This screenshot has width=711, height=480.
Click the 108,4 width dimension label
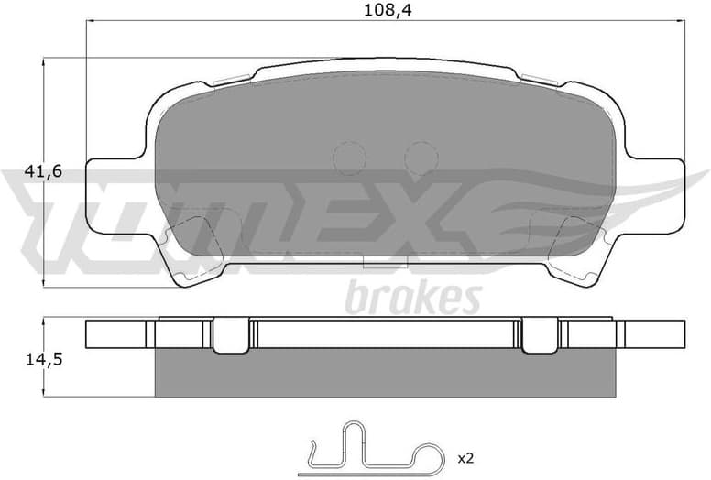386,11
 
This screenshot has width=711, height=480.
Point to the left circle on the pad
349,158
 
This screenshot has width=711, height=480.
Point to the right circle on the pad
421,158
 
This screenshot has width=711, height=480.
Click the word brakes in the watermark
412,299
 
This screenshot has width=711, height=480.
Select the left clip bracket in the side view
231,335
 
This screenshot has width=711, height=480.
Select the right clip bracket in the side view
541,335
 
